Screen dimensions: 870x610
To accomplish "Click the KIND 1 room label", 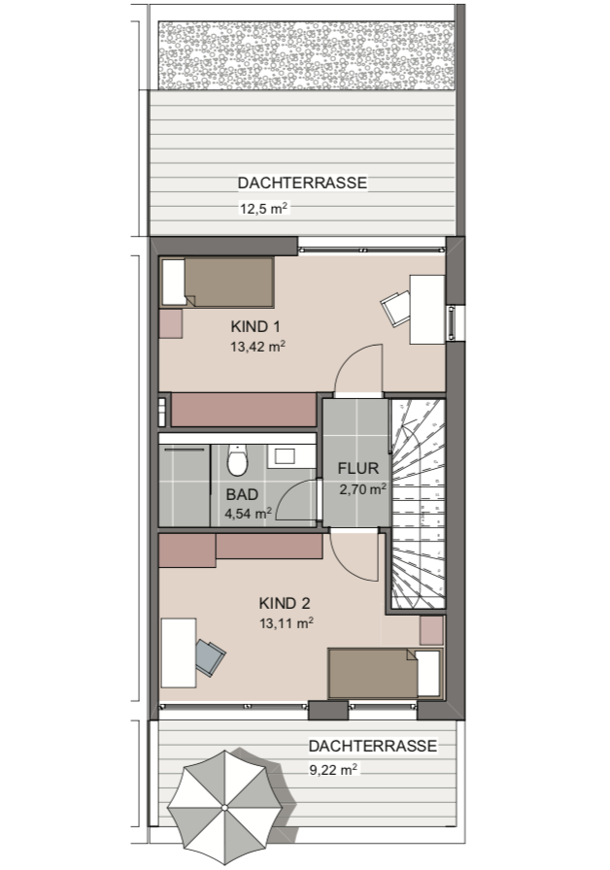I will pyautogui.click(x=257, y=325).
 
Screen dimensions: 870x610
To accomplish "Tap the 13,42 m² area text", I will pyautogui.click(x=257, y=346).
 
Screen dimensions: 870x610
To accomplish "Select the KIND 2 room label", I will pyautogui.click(x=286, y=601).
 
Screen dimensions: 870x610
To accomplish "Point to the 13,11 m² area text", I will pyautogui.click(x=286, y=623).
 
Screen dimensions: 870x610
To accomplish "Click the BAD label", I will pyautogui.click(x=242, y=494).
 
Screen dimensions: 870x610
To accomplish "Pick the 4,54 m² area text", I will pyautogui.click(x=247, y=514).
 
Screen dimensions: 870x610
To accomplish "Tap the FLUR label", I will pyautogui.click(x=357, y=468).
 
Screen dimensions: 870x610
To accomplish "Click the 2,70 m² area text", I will pyautogui.click(x=362, y=489).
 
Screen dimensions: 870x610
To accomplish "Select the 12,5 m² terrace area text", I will pyautogui.click(x=264, y=208).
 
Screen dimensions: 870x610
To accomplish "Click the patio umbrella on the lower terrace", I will pyautogui.click(x=223, y=807).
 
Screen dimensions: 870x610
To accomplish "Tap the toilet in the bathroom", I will pyautogui.click(x=236, y=459).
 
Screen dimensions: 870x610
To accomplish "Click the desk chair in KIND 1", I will pyautogui.click(x=395, y=307).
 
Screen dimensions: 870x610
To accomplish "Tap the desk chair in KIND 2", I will pyautogui.click(x=210, y=656).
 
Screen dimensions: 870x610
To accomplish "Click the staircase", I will pyautogui.click(x=417, y=505).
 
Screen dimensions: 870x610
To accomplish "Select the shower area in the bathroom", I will pyautogui.click(x=185, y=485).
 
